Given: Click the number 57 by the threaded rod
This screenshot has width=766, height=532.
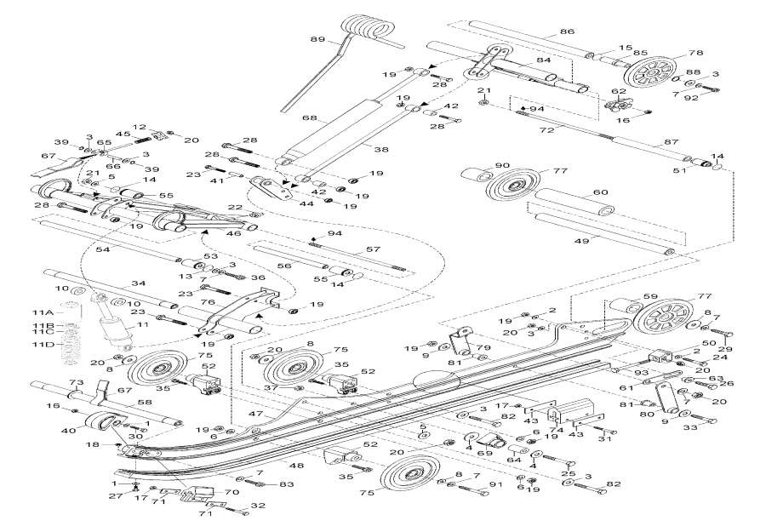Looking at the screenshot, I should pyautogui.click(x=371, y=249).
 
